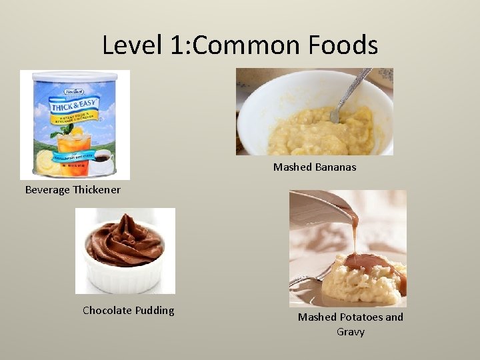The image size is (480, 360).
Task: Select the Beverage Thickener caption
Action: point(73,190)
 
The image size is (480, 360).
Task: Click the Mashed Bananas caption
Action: point(314,167)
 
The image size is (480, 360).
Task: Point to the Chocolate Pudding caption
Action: point(128,310)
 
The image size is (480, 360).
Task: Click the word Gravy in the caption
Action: point(350,331)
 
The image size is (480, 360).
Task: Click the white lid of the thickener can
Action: point(75,75)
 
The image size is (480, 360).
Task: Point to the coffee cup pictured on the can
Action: point(101,160)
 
